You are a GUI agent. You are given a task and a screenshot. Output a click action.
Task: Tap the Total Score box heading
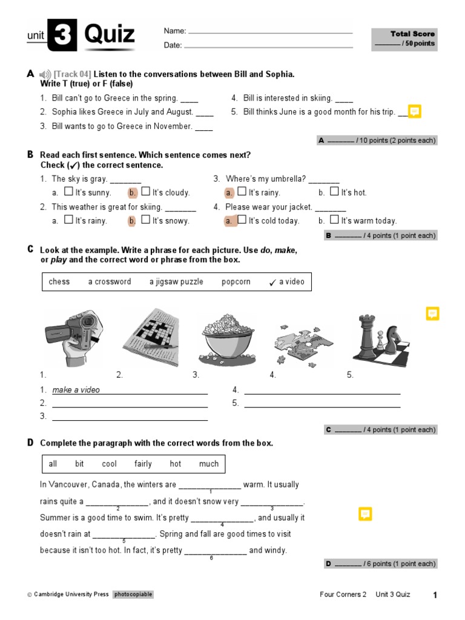412,34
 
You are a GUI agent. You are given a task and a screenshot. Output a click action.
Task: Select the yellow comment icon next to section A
414,111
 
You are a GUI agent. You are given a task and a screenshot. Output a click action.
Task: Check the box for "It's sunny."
71,192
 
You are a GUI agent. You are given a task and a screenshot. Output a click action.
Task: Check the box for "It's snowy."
145,220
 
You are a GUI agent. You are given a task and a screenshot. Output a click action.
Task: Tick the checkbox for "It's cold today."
242,220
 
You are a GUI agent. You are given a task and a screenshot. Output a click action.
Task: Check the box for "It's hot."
334,192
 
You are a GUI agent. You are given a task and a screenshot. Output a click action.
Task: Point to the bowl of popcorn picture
227,338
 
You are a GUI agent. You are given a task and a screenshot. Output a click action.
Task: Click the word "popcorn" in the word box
236,282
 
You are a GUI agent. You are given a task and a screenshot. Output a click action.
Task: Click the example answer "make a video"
76,390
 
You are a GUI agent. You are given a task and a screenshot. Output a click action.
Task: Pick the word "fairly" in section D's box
143,464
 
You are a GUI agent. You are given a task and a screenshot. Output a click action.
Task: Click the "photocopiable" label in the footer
133,595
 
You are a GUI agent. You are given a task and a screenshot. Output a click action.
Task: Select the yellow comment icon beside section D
365,514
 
